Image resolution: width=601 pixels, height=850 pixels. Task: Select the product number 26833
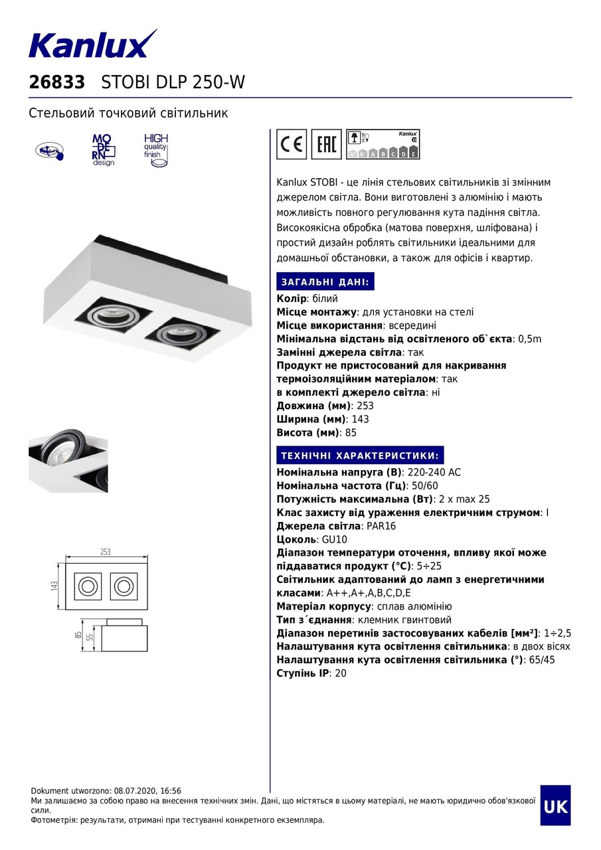pyautogui.click(x=57, y=82)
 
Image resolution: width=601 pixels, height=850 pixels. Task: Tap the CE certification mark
pyautogui.click(x=291, y=144)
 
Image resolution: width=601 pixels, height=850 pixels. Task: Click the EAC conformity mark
pyautogui.click(x=326, y=144)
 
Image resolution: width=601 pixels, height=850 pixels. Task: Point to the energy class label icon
pyautogui.click(x=383, y=144)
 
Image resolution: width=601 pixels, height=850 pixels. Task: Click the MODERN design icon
pyautogui.click(x=102, y=149)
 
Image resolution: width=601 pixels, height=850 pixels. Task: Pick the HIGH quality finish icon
pyautogui.click(x=156, y=149)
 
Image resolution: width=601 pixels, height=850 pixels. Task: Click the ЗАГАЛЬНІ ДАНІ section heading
pyautogui.click(x=325, y=281)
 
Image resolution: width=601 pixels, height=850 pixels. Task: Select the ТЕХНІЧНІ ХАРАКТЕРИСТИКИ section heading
pyautogui.click(x=359, y=455)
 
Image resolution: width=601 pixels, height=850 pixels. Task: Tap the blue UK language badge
pyautogui.click(x=555, y=806)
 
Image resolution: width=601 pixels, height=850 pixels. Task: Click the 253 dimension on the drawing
pyautogui.click(x=105, y=552)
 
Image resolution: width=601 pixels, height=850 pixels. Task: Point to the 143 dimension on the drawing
pyautogui.click(x=55, y=586)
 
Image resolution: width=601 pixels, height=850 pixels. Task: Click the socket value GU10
pyautogui.click(x=333, y=539)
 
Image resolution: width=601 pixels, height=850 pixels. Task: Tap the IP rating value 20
pyautogui.click(x=341, y=673)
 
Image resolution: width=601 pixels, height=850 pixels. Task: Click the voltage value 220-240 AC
pyautogui.click(x=434, y=472)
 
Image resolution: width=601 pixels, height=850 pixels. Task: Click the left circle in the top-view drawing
pyautogui.click(x=87, y=586)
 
